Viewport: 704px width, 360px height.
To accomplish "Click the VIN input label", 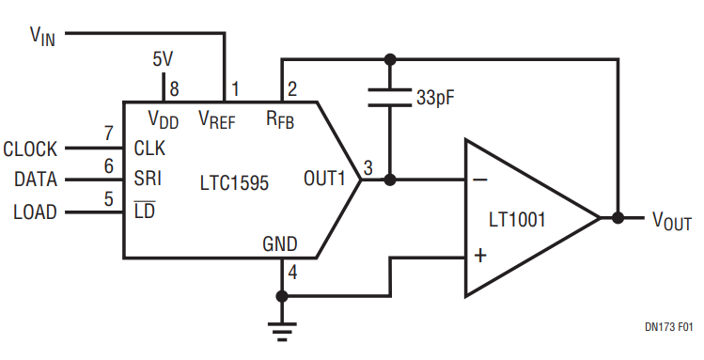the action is coord(42,36).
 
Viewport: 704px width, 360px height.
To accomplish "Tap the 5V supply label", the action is coord(163,59).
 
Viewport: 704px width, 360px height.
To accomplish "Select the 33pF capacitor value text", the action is coord(435,98).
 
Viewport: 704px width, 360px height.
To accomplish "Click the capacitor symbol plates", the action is coord(390,98).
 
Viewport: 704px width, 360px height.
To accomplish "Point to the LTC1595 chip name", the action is coord(234,182).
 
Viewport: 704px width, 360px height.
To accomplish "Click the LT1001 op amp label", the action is coord(517,220).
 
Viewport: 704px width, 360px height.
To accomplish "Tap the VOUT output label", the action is coord(672,220).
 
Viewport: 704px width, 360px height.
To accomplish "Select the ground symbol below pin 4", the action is coord(282,332).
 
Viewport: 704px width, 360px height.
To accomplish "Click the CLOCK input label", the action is coord(30,149).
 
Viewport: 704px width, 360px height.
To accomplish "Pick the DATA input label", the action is coord(36,180).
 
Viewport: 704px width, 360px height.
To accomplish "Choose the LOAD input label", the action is coord(36,211).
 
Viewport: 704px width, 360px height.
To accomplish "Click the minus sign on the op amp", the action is coord(480,180).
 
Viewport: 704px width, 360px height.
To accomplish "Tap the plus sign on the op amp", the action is coord(480,256).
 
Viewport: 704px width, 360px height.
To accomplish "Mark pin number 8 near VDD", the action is coord(174,89).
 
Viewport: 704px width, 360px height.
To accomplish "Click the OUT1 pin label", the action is coord(324,179).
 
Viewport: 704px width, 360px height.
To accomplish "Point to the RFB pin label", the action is coord(280,120).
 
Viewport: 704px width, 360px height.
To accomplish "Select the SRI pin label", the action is coord(148,179).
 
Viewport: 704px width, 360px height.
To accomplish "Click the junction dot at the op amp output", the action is coord(618,218).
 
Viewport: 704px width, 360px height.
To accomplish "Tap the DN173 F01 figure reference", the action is coord(668,327).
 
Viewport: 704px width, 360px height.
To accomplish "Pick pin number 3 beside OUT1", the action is coord(368,168).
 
